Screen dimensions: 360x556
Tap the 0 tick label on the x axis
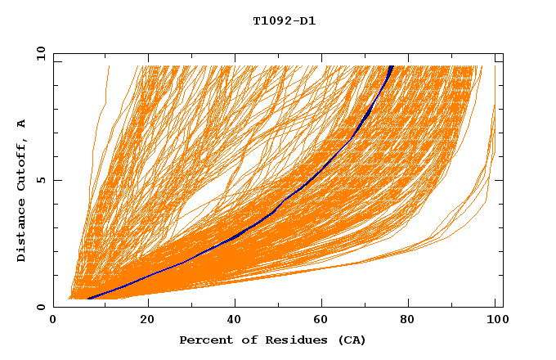pos(53,320)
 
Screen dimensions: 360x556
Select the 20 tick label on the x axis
pos(147,320)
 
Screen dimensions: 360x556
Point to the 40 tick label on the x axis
pos(236,320)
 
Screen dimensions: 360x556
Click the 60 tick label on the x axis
pos(325,320)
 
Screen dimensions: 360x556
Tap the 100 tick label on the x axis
pos(495,320)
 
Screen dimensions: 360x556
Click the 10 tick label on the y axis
pos(40,53)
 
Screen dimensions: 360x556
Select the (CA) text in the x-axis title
pos(352,340)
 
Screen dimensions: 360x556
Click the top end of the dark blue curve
pos(392,65)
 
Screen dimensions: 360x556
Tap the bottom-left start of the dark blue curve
pos(88,298)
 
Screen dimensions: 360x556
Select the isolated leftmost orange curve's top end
pos(108,65)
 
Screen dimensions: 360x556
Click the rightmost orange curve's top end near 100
pos(495,105)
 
